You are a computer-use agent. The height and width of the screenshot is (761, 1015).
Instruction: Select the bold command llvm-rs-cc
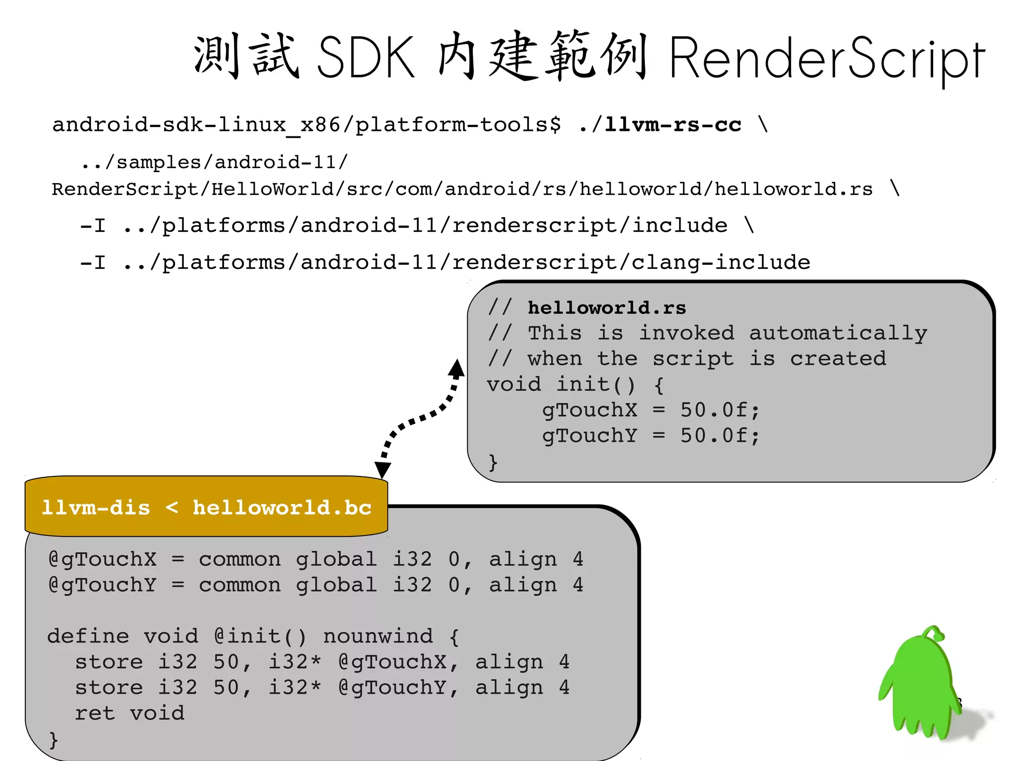tap(673, 124)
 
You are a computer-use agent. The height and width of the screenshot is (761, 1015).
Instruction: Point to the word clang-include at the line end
tap(721, 262)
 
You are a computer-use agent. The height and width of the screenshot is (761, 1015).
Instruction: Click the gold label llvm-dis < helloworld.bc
tap(206, 508)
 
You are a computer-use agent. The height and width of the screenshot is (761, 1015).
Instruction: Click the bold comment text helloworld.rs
tap(607, 308)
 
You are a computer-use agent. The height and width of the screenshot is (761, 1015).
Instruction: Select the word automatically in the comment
tap(838, 333)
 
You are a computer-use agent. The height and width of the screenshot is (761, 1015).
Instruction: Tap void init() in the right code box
tap(561, 384)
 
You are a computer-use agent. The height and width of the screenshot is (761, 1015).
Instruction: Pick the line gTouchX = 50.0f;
tap(650, 410)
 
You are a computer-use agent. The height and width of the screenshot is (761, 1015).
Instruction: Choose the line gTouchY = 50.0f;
tap(650, 436)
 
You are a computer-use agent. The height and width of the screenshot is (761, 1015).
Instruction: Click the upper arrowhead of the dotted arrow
tap(456, 369)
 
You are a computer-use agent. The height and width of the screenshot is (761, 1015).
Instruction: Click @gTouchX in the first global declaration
tap(103, 559)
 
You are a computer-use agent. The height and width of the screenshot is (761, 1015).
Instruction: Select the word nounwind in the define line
tap(378, 636)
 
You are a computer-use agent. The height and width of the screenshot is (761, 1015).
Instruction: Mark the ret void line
tap(130, 713)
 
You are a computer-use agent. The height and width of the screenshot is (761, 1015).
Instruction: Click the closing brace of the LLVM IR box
tap(54, 740)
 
